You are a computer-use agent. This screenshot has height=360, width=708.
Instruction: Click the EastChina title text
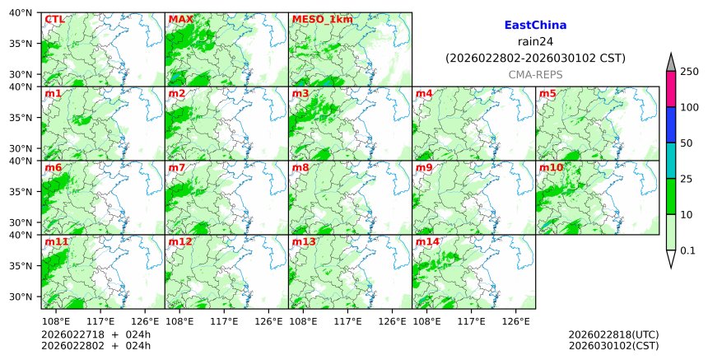click(535, 26)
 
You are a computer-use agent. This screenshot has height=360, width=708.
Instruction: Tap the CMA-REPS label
click(535, 74)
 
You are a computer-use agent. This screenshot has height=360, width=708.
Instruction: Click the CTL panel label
click(54, 19)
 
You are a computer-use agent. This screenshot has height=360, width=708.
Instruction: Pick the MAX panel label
click(180, 19)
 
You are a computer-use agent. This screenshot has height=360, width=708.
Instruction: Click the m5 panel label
click(547, 93)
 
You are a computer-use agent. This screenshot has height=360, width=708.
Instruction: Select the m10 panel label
click(551, 167)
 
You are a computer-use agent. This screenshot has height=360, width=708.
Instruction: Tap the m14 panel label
click(427, 241)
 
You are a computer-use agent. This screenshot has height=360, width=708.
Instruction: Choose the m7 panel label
click(177, 167)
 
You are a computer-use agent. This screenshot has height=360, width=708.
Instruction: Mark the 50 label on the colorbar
click(686, 143)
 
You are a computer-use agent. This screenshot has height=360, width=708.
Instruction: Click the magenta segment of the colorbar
click(670, 89)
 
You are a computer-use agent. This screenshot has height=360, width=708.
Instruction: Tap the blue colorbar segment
click(670, 125)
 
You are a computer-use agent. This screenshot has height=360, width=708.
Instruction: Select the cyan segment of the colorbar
click(670, 161)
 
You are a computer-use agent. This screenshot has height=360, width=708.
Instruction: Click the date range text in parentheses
click(535, 58)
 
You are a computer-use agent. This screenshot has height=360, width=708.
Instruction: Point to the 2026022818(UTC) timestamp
click(613, 334)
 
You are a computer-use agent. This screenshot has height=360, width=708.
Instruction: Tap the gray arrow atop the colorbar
click(670, 63)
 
